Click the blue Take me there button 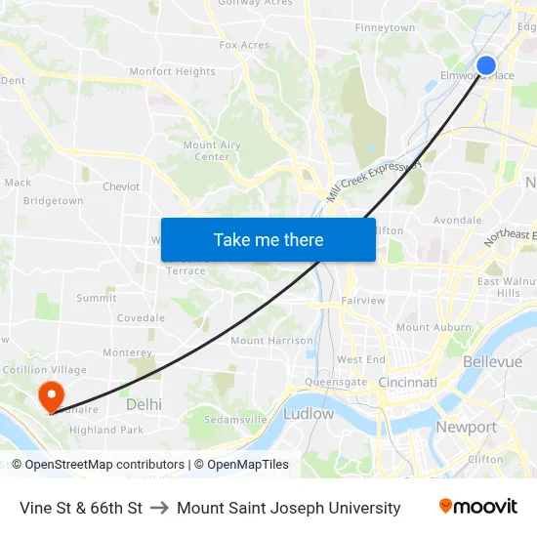pos(268,239)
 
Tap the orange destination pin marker pos(50,395)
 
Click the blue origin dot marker pos(485,65)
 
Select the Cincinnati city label pos(407,382)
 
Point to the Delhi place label pos(144,403)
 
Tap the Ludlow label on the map pos(309,413)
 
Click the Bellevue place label pos(492,361)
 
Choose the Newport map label pos(466,427)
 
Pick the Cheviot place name pos(121,186)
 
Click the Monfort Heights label pos(173,71)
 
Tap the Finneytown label pos(385,27)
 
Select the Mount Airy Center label pos(212,150)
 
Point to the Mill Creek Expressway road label pos(374,181)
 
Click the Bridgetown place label pos(53,200)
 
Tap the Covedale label pos(141,317)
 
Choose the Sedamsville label pos(235,419)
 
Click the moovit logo pos(477,506)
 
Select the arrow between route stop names pos(159,508)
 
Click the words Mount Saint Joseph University pos(288,508)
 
